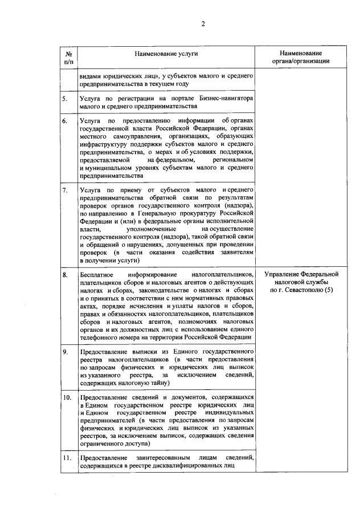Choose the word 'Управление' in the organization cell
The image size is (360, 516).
[283, 275]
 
